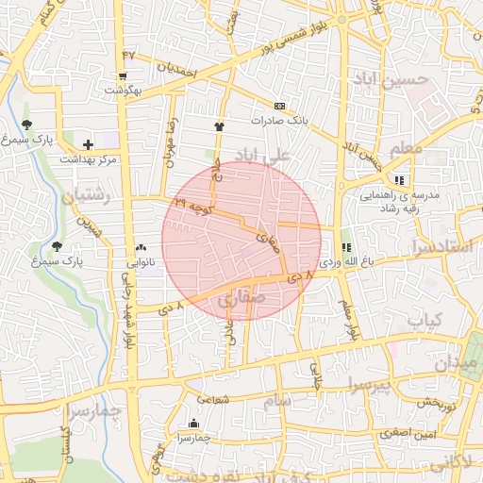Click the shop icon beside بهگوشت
(123, 77)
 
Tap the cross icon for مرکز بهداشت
(88, 144)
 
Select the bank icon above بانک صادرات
(279, 106)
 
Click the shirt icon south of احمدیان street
(220, 124)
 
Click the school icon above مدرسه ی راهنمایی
(400, 179)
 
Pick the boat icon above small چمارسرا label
(194, 423)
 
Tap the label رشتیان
(86, 196)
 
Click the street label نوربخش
(437, 402)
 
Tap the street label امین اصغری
(408, 433)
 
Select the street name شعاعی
(215, 399)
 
